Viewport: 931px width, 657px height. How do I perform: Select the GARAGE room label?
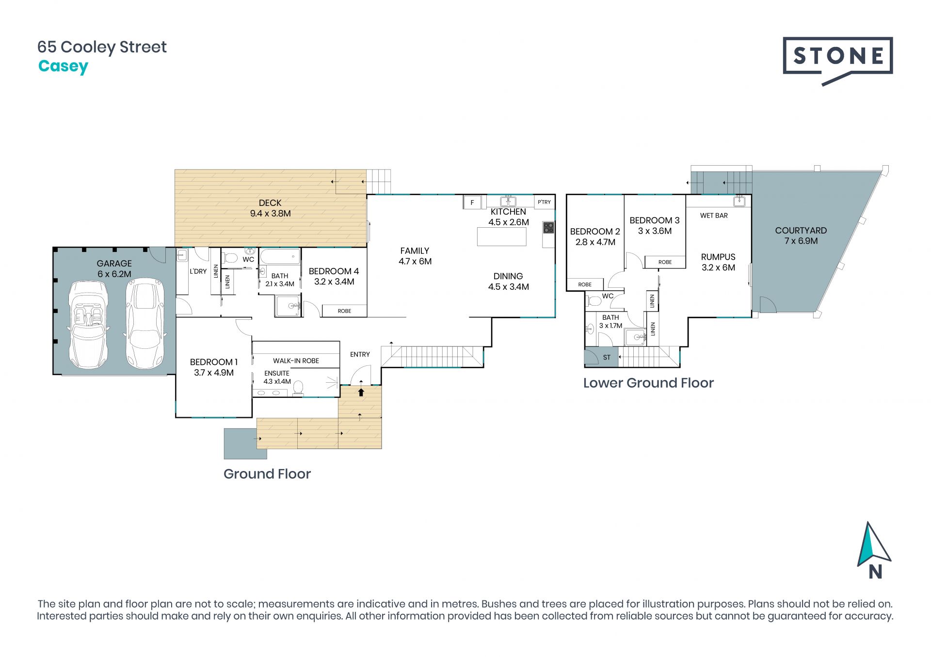114,264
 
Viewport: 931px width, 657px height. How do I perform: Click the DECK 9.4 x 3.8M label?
270,208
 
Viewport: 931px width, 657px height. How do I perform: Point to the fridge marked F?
472,203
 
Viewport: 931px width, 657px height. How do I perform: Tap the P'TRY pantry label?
544,202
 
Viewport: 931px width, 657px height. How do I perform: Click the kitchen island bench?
502,237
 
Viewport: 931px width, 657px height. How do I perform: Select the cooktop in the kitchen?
548,227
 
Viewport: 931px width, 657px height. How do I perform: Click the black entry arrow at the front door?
361,391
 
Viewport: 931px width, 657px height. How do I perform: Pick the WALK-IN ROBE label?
296,360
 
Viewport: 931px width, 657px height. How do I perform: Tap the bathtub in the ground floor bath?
280,256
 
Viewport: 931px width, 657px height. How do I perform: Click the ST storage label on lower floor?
607,358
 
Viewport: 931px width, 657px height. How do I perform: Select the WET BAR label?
714,216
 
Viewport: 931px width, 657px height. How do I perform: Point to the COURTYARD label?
801,231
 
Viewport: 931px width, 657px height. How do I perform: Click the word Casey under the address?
63,66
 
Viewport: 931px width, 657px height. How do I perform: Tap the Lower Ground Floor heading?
648,383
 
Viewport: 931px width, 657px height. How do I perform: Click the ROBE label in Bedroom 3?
665,262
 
